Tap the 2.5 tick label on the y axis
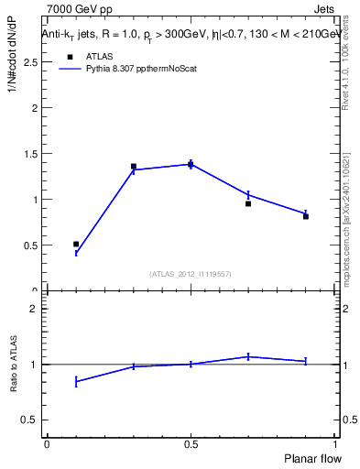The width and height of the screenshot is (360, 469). coord(30,62)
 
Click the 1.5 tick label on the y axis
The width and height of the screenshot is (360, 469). coord(30,154)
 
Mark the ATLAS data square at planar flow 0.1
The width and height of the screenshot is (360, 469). coord(76,245)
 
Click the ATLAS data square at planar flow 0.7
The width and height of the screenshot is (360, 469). coord(248,203)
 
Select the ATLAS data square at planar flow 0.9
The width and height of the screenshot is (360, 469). coord(306,216)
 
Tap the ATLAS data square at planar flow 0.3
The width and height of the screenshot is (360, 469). coord(134,167)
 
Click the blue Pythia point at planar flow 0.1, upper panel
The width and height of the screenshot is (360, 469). coord(76,254)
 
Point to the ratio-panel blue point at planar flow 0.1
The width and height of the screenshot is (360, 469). coord(76,382)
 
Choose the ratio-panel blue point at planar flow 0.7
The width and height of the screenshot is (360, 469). coord(248,356)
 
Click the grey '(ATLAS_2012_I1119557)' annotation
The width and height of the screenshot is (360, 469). coord(191,274)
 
